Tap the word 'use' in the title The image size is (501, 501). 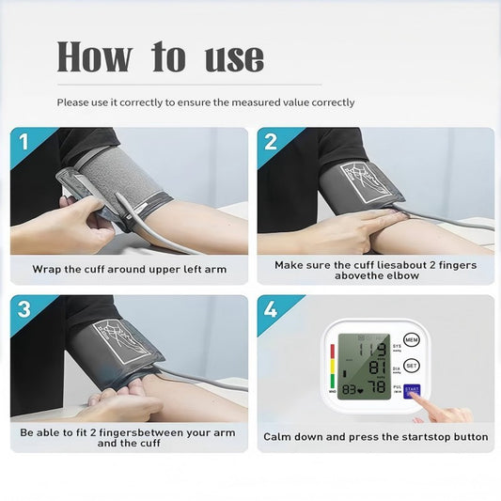(234, 58)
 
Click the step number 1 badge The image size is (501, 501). (23, 142)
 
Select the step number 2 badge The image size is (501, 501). (270, 142)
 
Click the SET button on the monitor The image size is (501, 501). (412, 366)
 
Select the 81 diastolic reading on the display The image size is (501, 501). (378, 368)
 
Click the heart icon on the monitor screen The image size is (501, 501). (359, 389)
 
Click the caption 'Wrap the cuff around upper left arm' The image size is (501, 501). (129, 269)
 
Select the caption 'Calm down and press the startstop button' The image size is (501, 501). (375, 437)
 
